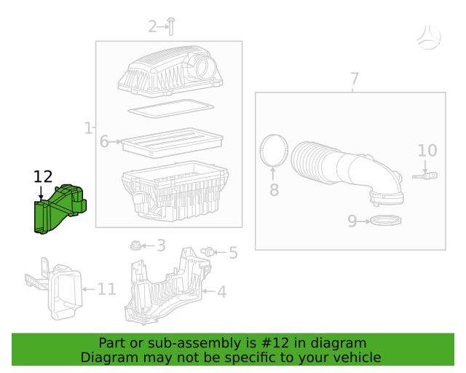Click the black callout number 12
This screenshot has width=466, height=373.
tap(43, 177)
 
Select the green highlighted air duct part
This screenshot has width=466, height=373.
tap(60, 208)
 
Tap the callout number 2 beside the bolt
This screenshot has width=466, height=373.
tap(152, 26)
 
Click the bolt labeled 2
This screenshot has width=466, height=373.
tap(171, 26)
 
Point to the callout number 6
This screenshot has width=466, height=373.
tap(104, 141)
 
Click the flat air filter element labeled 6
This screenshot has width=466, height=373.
tap(172, 143)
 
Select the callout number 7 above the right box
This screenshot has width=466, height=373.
tap(355, 79)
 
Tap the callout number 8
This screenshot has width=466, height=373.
tap(274, 189)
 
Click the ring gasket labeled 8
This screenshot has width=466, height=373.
tap(274, 151)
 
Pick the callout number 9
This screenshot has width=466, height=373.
tap(352, 221)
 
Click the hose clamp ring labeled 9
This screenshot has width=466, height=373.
tap(386, 221)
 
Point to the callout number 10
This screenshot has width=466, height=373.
tap(427, 151)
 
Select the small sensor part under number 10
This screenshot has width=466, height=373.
tap(425, 176)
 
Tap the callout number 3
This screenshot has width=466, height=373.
tap(161, 246)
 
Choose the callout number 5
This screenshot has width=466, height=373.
tap(233, 253)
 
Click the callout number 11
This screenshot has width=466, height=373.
tap(107, 288)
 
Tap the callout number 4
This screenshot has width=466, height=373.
tap(221, 291)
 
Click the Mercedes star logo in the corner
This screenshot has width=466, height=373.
tap(429, 37)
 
